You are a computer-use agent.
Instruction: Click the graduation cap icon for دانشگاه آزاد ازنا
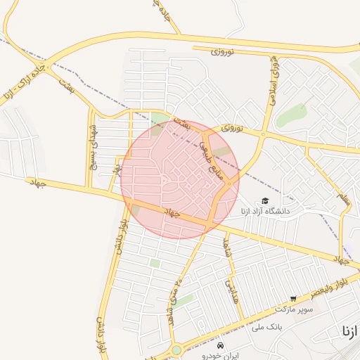pos(265,201)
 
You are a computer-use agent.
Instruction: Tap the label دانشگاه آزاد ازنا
pos(265,211)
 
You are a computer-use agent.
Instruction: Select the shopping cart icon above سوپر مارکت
pos(293,299)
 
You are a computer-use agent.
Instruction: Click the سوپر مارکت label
pos(293,309)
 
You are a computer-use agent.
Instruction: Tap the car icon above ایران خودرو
pos(221,347)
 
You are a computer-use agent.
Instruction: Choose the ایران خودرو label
pos(221,356)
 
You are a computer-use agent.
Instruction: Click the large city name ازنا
pos(349,330)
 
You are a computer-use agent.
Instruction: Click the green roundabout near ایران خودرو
pos(176,349)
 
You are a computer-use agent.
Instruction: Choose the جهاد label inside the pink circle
pos(171,212)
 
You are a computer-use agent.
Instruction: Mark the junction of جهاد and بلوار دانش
pos(129,202)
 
